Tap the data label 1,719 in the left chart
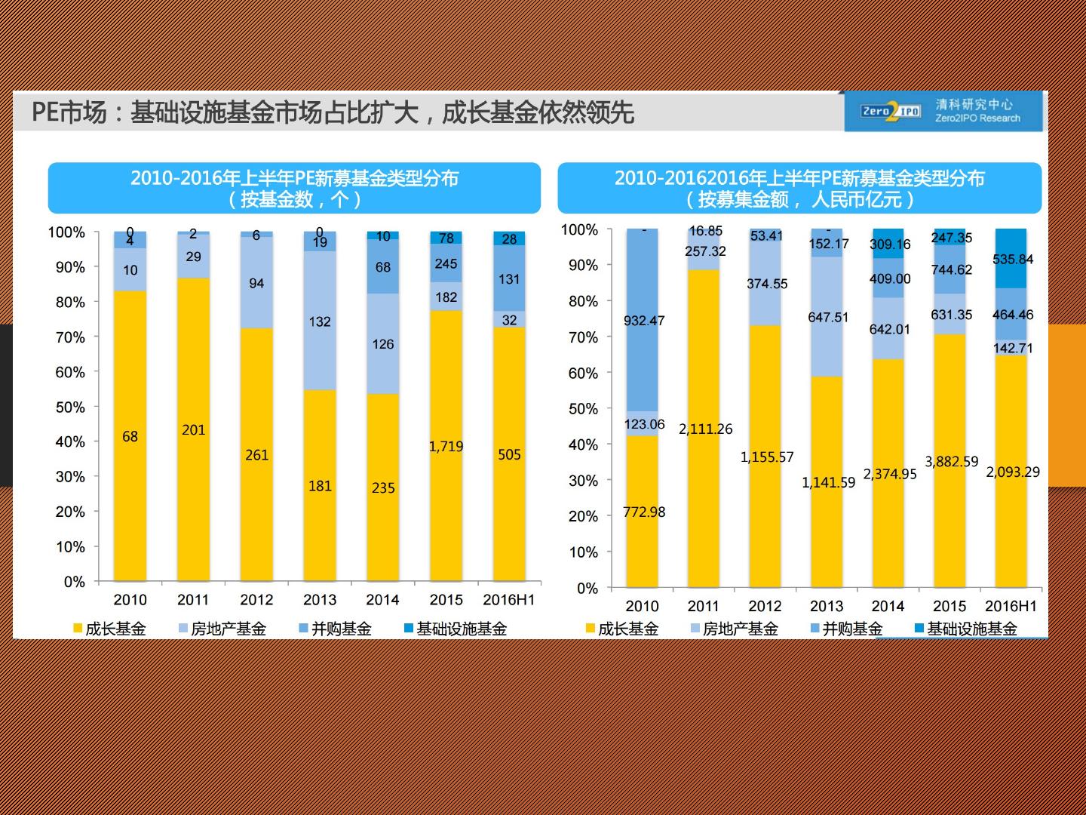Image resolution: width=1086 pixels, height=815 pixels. (446, 446)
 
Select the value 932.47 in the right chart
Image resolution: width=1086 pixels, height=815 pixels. (644, 321)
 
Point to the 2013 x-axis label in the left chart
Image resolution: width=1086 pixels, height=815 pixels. (320, 600)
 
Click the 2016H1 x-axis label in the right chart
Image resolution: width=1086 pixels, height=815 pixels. (1011, 606)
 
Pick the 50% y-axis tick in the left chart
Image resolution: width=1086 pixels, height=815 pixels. (70, 407)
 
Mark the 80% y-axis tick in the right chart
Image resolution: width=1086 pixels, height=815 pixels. (583, 301)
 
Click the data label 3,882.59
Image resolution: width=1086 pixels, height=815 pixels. (951, 461)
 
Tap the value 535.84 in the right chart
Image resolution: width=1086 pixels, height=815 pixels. (1012, 260)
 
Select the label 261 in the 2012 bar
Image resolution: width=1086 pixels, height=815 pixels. (256, 455)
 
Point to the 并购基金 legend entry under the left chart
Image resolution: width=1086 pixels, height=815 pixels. (335, 629)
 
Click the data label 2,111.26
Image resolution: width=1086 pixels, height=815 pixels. (705, 429)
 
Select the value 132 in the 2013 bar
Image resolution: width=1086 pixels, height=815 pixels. (320, 321)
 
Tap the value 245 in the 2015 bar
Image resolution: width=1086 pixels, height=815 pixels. (446, 264)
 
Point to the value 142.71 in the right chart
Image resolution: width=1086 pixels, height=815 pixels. (1012, 348)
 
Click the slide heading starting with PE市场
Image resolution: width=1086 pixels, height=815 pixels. (333, 113)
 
